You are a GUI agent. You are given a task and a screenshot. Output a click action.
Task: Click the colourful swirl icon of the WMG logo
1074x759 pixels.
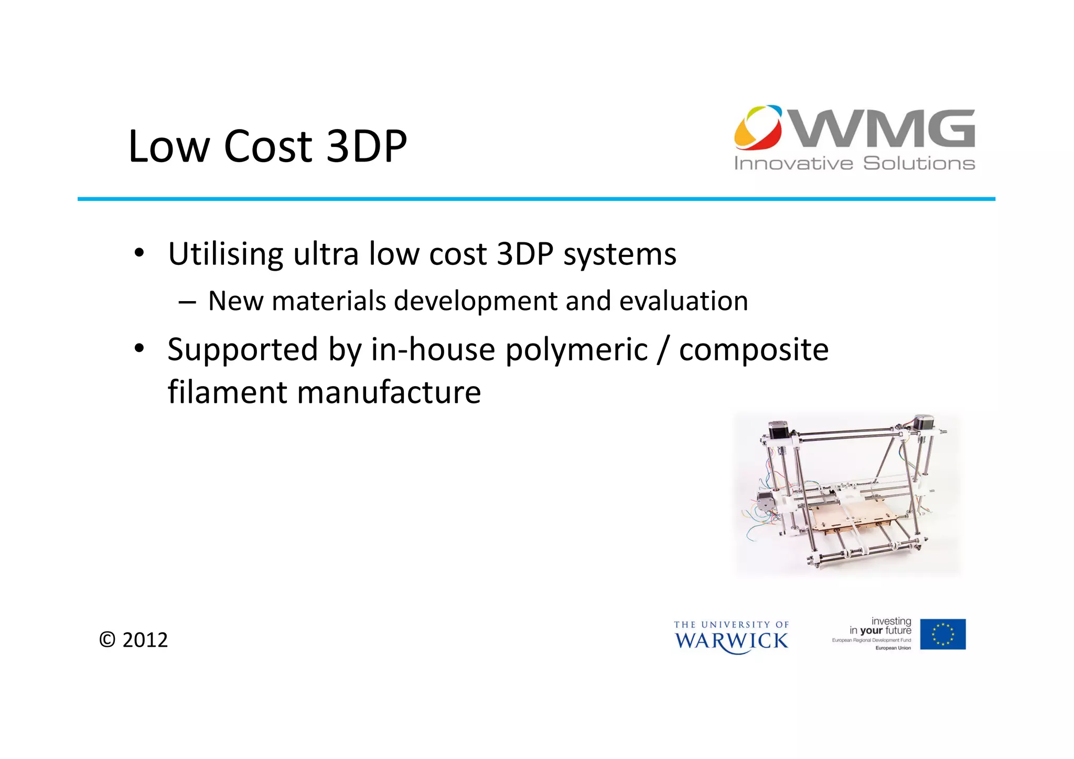point(758,127)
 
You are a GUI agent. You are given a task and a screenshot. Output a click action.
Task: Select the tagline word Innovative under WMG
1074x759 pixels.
point(793,164)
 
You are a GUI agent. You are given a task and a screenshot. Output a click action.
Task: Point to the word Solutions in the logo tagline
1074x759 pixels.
point(919,164)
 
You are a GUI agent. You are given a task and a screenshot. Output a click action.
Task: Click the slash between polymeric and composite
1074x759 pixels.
point(663,350)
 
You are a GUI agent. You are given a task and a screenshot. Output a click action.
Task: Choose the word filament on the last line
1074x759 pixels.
point(227,392)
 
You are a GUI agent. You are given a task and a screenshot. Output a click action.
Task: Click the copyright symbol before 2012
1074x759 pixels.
point(107,640)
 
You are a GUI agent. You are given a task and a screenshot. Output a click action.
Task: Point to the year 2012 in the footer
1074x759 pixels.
point(145,640)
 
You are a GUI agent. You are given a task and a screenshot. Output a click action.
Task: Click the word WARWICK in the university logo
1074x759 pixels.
point(731,641)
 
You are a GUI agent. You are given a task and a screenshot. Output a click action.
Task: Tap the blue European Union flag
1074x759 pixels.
point(942,634)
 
